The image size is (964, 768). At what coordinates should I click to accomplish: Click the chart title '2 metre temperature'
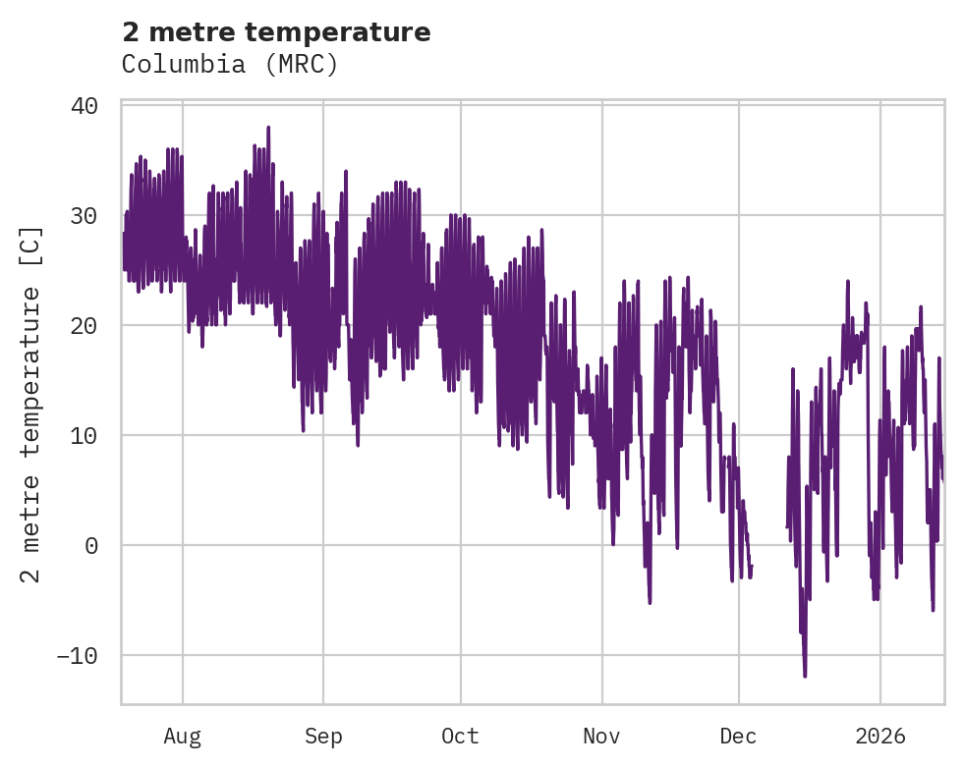276,32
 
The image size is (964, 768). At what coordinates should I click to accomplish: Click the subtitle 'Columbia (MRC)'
230,65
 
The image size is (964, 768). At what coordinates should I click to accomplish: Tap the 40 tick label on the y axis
85,106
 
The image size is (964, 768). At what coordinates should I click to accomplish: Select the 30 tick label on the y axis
85,216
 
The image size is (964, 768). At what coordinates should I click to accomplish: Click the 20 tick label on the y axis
85,326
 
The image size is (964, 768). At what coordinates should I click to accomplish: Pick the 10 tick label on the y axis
85,436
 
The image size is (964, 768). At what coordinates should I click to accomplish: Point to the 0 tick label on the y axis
91,546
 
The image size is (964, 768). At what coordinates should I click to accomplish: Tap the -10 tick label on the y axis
77,656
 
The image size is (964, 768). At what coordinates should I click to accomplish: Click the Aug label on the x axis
183,737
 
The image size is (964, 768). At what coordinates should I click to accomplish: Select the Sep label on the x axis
323,737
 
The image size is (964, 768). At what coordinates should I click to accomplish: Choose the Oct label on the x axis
460,737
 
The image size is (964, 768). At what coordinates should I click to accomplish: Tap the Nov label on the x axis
601,737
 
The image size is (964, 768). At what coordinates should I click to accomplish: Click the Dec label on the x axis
738,737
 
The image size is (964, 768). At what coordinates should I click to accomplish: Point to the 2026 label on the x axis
880,737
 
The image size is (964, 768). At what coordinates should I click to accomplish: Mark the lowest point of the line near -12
805,676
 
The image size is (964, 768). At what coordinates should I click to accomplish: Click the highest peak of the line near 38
267,128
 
